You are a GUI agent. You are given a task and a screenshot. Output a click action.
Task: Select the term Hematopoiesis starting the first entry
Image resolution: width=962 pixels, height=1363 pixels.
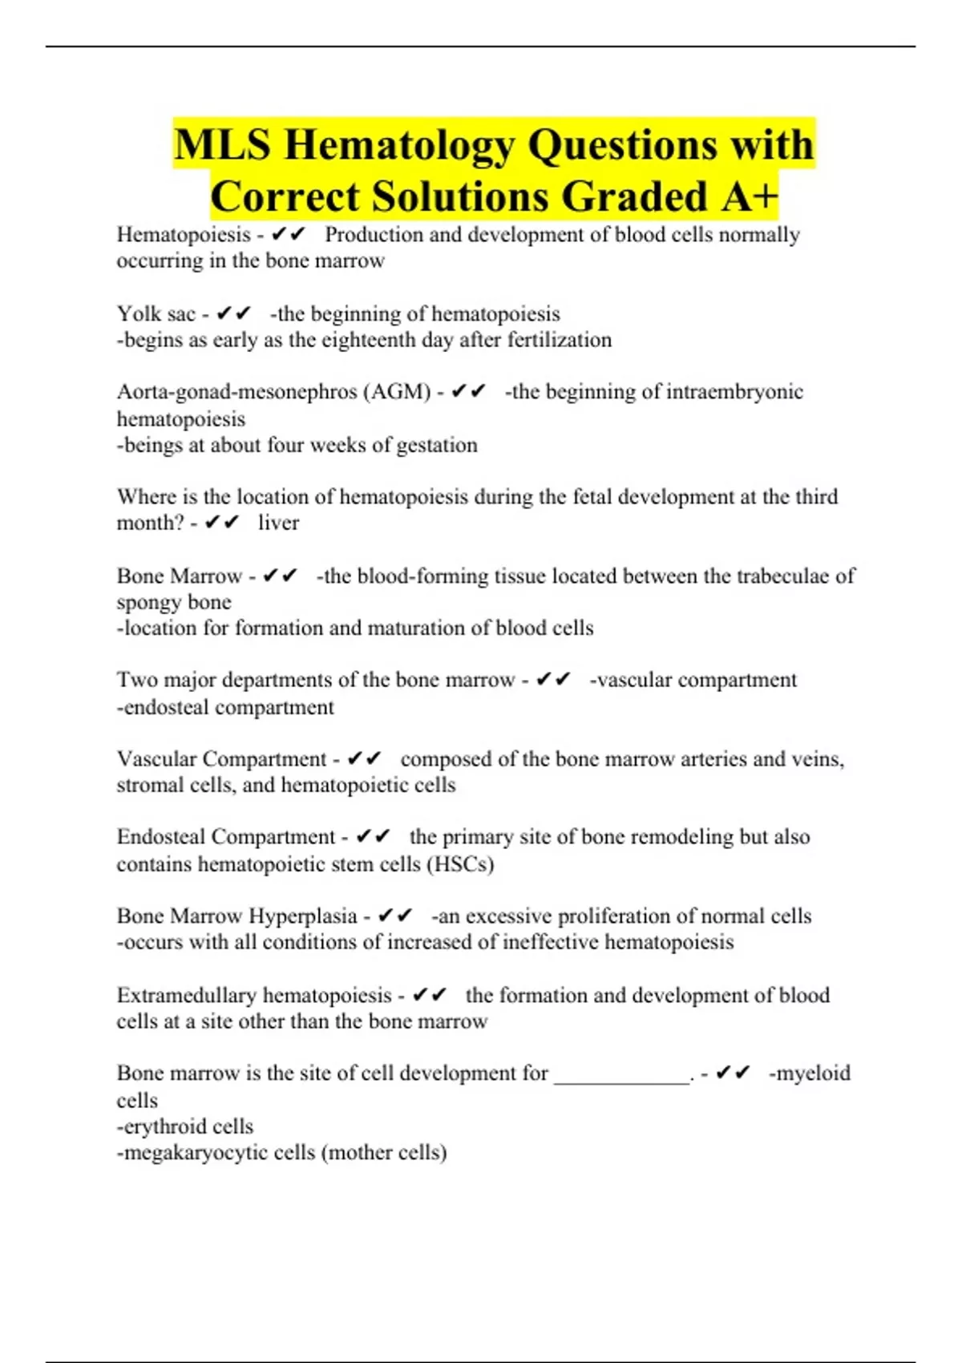tap(184, 235)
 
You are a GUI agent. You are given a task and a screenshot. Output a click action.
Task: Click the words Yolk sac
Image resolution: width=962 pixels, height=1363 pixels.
tap(156, 313)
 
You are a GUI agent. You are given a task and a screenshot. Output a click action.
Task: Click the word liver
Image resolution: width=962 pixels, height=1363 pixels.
tap(278, 523)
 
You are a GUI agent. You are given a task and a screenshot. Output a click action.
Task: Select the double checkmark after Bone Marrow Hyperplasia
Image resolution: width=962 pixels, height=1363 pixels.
tap(395, 916)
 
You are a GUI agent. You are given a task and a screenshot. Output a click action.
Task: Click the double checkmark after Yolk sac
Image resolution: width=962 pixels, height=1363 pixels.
tap(234, 313)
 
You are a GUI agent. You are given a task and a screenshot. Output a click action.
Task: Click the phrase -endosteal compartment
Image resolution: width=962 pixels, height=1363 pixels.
tap(225, 707)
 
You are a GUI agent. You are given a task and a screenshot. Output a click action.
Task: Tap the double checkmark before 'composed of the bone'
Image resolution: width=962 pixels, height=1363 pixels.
tap(365, 758)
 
